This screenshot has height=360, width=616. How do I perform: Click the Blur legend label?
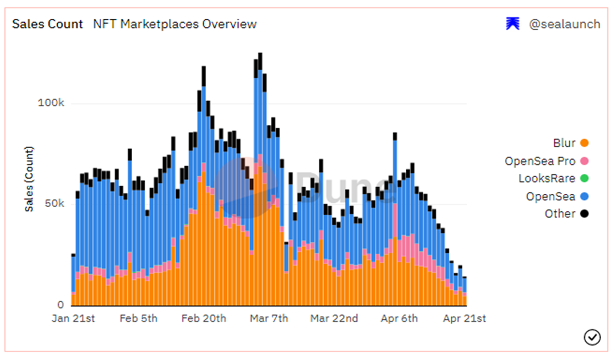coord(564,143)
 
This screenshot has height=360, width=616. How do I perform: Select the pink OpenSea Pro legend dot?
coord(584,161)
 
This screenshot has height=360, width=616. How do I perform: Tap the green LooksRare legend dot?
coord(584,178)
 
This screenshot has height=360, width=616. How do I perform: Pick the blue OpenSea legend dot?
coord(584,197)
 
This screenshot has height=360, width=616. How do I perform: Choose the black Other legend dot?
coord(584,214)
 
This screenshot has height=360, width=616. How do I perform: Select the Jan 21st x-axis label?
coord(73,319)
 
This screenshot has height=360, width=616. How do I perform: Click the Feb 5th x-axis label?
coord(138,319)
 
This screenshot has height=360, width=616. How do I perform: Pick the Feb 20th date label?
coord(204,319)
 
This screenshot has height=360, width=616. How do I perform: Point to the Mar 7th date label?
coord(269,319)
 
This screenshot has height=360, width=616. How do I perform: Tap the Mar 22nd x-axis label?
coord(334,319)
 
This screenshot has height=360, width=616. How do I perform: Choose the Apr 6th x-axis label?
coord(399,319)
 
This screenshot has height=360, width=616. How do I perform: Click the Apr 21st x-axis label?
coord(465,319)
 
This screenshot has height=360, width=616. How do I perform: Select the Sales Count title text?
coord(47,24)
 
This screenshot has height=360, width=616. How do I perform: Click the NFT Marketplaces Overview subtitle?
coord(175,24)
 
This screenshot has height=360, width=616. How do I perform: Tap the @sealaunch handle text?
coord(564,24)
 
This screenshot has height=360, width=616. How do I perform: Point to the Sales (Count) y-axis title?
coord(29,179)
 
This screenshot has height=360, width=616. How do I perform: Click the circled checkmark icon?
coord(592,337)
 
